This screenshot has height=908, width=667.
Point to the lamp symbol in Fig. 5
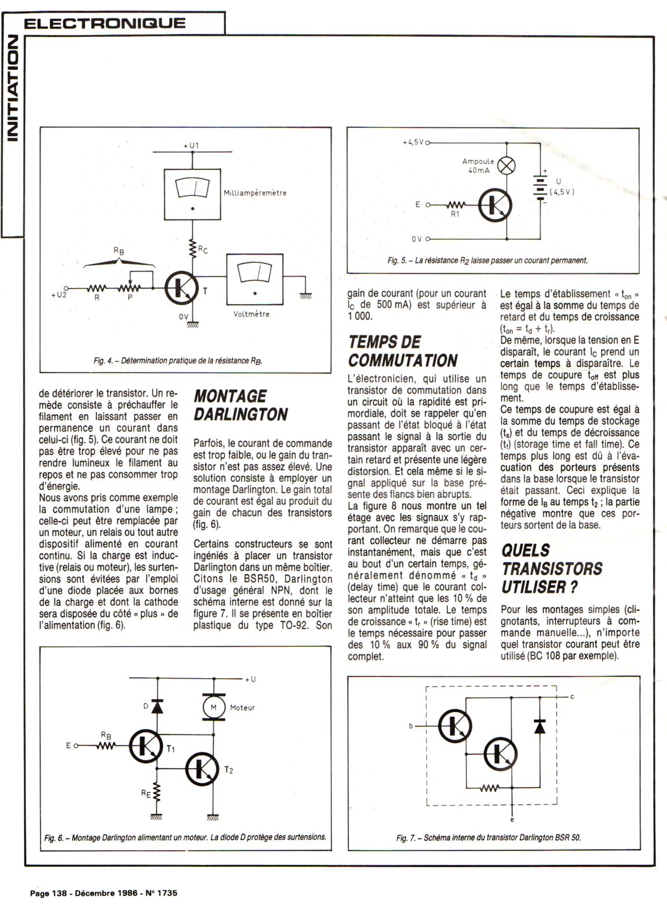(x=507, y=166)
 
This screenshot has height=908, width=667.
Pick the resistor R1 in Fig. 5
(x=455, y=205)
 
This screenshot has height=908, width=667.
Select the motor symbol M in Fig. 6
(x=212, y=707)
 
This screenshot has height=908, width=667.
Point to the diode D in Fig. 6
(x=157, y=705)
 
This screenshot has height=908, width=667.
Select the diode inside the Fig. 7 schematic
(x=540, y=726)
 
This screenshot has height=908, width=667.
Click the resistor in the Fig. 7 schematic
(x=490, y=788)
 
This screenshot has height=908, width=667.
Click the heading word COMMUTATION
(x=402, y=360)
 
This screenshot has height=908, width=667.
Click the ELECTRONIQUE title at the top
(x=105, y=23)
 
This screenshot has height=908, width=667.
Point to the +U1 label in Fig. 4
(x=190, y=145)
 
